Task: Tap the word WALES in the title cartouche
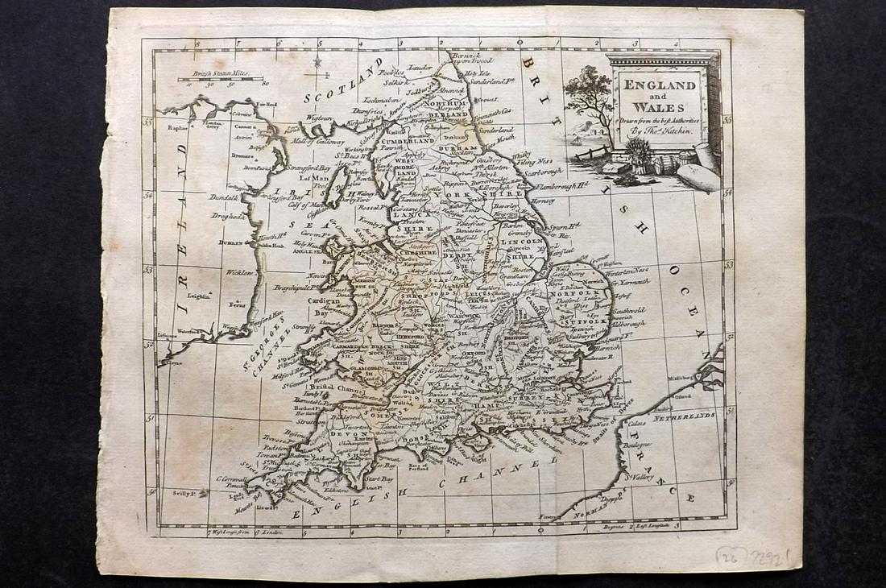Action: click(x=658, y=107)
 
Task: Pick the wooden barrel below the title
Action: click(x=666, y=164)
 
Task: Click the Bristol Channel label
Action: click(x=331, y=387)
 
